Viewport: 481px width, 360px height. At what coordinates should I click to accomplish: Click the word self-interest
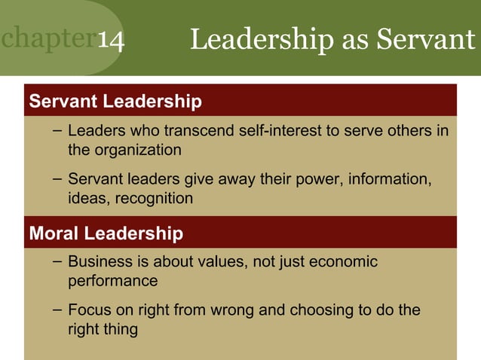point(280,131)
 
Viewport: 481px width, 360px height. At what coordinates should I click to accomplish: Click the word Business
point(99,262)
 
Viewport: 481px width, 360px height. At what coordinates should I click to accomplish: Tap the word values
point(215,262)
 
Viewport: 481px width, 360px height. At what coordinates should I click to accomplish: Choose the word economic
point(340,262)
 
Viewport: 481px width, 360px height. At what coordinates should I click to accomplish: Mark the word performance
point(113,281)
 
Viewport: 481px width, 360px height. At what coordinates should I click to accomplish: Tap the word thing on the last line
point(121,329)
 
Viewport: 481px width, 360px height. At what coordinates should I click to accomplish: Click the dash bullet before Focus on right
point(58,310)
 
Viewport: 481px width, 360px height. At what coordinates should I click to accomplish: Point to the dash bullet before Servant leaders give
point(58,180)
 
